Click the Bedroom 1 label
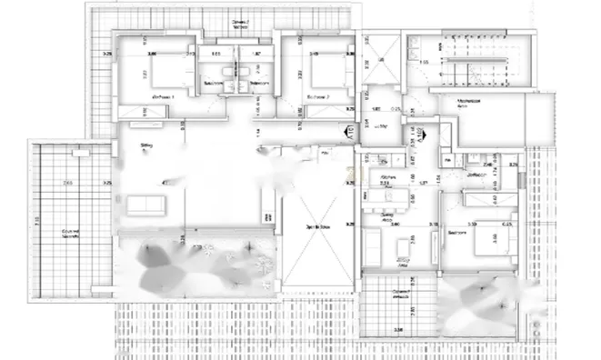(x=163, y=95)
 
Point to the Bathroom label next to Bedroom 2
(x=258, y=84)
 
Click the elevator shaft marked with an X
(x=376, y=58)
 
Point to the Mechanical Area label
(x=469, y=103)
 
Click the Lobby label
(x=381, y=125)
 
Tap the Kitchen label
(x=386, y=175)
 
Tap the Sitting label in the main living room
(x=145, y=144)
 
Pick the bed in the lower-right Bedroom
(x=491, y=240)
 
